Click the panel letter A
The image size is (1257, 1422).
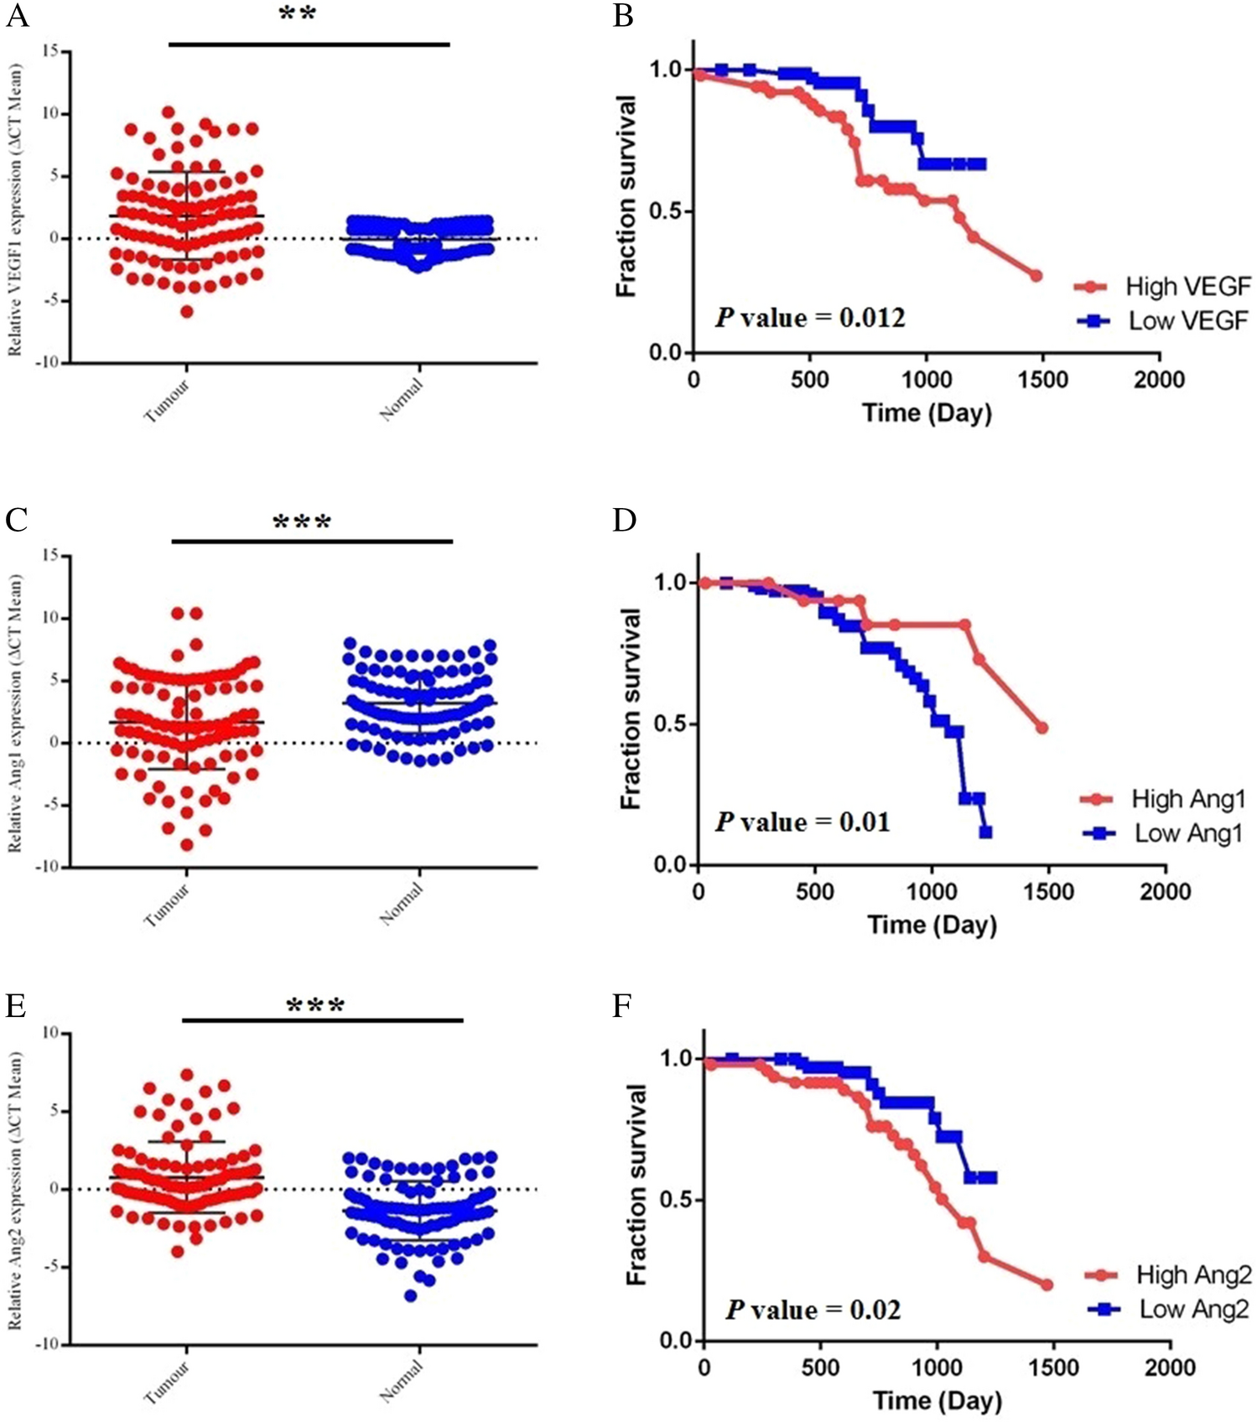pyautogui.click(x=17, y=15)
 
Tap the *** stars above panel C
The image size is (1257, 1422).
pyautogui.click(x=302, y=523)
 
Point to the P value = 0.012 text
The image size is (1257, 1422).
pyautogui.click(x=810, y=319)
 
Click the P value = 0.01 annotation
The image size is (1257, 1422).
pyautogui.click(x=803, y=823)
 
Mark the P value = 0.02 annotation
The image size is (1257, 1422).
pyautogui.click(x=813, y=1310)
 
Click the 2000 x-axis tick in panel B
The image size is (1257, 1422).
pyautogui.click(x=1159, y=380)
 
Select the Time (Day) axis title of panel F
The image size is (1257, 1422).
pyautogui.click(x=937, y=1401)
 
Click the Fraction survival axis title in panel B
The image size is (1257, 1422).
pyautogui.click(x=626, y=196)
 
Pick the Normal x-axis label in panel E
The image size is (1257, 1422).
pyautogui.click(x=402, y=1381)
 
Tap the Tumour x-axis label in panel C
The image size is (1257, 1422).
pyautogui.click(x=168, y=906)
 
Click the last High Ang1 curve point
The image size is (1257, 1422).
pyautogui.click(x=1041, y=728)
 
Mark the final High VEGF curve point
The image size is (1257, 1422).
pyautogui.click(x=1036, y=276)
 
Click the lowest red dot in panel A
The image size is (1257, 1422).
pyautogui.click(x=187, y=312)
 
